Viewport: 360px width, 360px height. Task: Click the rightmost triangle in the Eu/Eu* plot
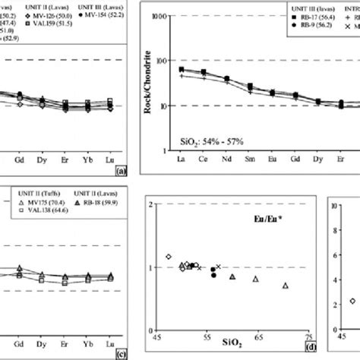tap(286, 286)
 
